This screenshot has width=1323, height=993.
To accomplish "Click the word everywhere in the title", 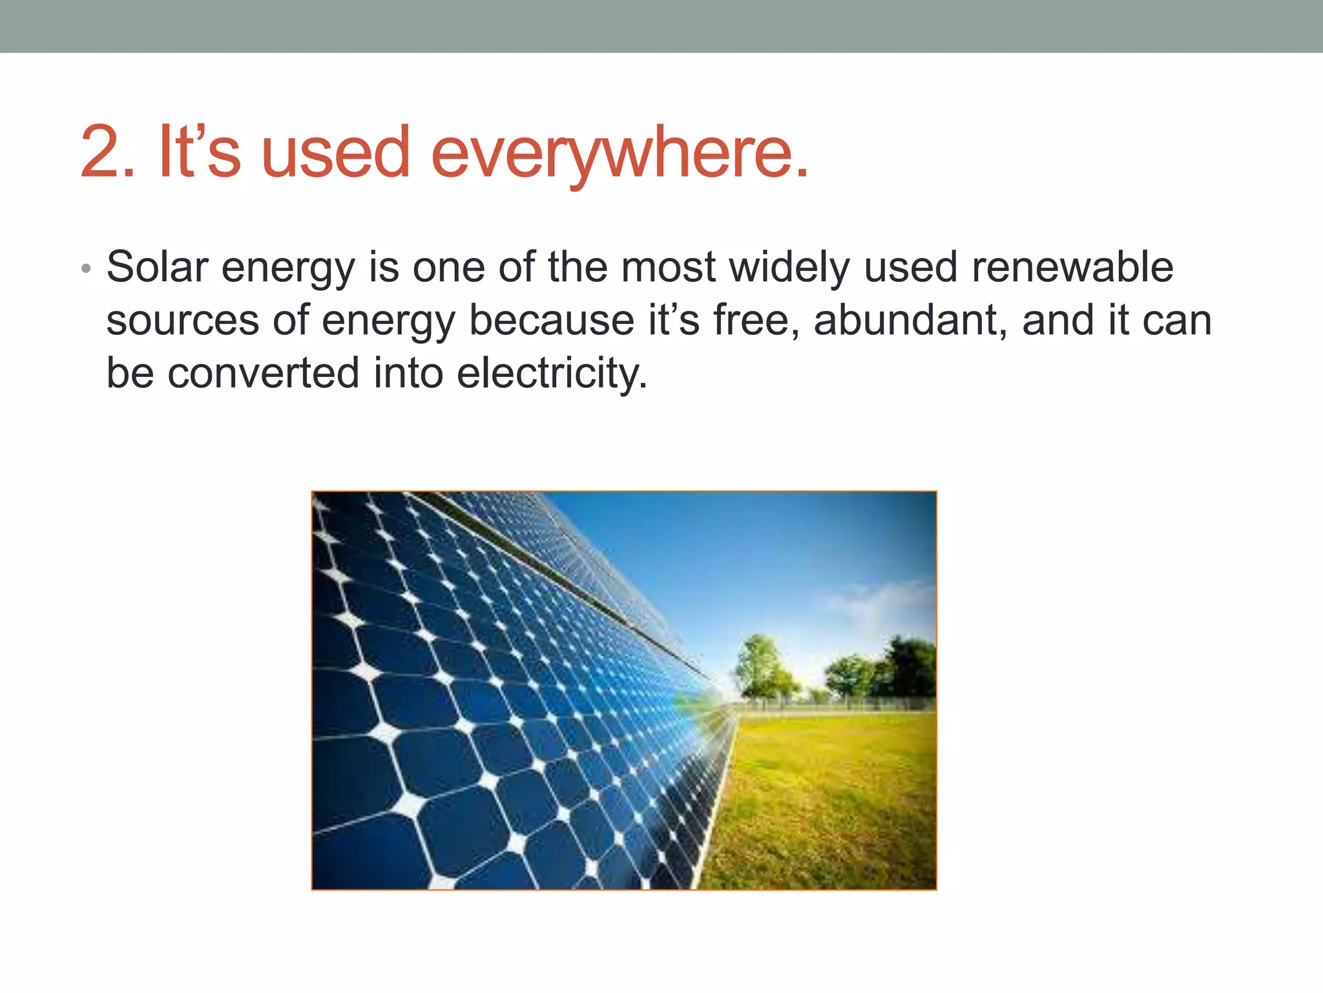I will (618, 154).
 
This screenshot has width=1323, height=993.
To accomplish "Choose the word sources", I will (182, 321).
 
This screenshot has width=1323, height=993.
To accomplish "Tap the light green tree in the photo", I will (762, 666).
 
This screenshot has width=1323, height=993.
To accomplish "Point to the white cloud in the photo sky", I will (879, 601).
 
